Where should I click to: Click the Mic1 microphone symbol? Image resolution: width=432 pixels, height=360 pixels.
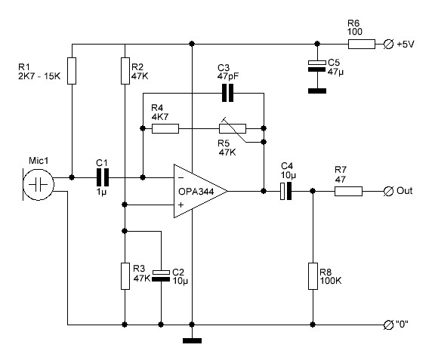point(38,184)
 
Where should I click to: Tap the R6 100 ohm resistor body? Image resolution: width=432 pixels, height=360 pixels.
point(362,44)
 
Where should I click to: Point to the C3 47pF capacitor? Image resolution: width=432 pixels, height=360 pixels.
point(228,93)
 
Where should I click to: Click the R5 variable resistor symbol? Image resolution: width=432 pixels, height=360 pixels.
point(233,128)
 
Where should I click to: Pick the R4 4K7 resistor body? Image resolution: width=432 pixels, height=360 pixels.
point(165,128)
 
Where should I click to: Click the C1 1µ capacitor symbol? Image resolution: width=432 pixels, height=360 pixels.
point(103,177)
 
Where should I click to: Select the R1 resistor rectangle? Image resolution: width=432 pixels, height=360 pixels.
point(72,71)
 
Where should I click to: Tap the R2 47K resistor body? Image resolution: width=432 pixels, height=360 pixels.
point(125,71)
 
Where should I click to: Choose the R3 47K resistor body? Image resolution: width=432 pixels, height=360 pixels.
point(125,276)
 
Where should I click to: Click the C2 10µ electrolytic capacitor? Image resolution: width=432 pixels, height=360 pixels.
point(161,275)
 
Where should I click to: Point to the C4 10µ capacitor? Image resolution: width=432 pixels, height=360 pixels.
point(285,191)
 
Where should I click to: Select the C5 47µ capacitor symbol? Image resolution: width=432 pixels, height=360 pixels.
point(317,66)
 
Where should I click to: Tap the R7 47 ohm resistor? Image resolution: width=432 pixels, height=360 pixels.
point(348,191)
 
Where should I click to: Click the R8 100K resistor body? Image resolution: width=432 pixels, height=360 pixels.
point(313,276)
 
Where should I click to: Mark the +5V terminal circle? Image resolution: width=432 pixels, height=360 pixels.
point(388,44)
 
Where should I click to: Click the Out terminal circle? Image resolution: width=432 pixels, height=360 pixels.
point(388,191)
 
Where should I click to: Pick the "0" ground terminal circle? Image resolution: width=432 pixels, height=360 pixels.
point(388,325)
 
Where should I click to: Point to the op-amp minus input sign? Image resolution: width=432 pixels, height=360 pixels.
point(181,178)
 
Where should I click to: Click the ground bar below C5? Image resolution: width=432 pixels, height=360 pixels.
point(317,91)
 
